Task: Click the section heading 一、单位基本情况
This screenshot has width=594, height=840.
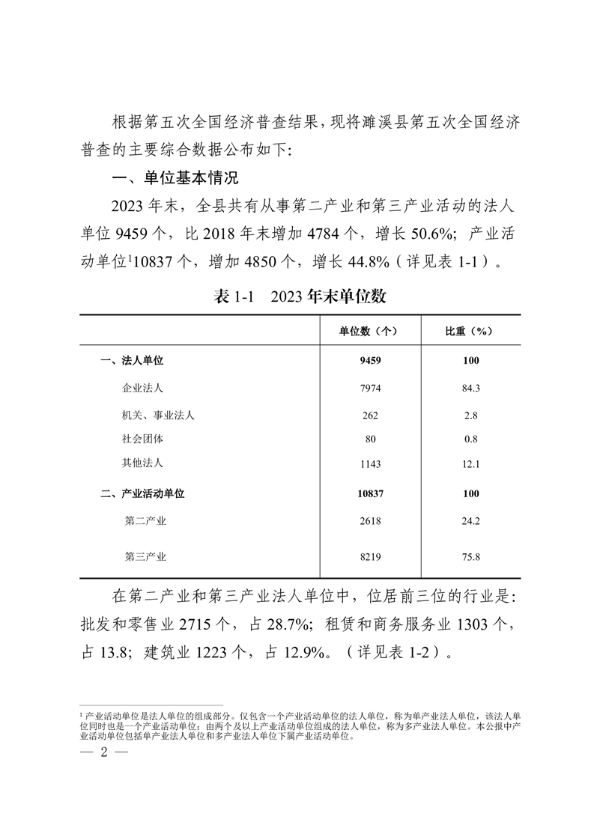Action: pos(174,178)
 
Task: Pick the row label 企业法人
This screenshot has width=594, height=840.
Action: pos(142,388)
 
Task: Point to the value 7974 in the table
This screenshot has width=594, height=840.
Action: pos(370,388)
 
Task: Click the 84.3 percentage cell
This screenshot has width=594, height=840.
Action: pos(470,388)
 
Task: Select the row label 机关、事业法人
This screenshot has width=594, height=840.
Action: pos(158,415)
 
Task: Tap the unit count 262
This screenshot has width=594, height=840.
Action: pos(370,415)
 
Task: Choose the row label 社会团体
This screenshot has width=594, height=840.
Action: pos(142,439)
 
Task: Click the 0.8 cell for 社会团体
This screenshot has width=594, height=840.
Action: pos(470,439)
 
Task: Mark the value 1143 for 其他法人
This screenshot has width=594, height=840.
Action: pos(370,464)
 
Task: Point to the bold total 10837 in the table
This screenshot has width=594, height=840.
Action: pos(370,493)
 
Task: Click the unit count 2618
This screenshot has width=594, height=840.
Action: pos(370,520)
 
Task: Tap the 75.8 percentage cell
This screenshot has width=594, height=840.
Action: pos(470,556)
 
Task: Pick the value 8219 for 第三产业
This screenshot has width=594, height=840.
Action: pos(370,556)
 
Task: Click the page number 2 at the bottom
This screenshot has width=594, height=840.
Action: pos(105,752)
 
